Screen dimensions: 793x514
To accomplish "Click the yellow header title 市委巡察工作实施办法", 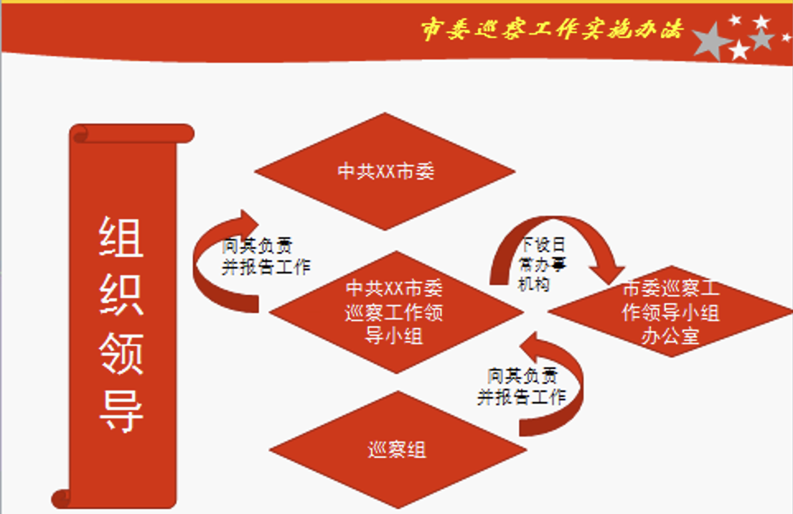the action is pos(551,29).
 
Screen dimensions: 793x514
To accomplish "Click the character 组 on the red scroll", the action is pos(121,236).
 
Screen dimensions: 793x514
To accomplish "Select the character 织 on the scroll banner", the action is pos(121,295).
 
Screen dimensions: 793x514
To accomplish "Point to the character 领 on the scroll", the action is pos(121,353).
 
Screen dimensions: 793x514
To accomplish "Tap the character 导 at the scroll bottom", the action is pos(121,412).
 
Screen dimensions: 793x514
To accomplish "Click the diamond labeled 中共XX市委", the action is pos(385,171).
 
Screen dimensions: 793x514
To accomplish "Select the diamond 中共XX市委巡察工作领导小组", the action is pos(396,312).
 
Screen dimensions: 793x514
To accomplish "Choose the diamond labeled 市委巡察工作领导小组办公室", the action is pos(671,311).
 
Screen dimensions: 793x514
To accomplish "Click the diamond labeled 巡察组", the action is pos(397,449).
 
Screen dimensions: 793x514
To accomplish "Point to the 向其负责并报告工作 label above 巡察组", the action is pos(522,386).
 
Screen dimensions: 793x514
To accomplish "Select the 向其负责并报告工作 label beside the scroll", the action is pos(266,256).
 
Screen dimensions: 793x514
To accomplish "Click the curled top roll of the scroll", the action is pos(132,133).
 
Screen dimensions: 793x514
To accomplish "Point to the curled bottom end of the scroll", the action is pos(62,499).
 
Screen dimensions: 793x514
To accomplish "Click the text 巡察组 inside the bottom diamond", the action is pos(397,449).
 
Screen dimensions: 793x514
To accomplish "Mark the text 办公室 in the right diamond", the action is pos(671,335).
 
